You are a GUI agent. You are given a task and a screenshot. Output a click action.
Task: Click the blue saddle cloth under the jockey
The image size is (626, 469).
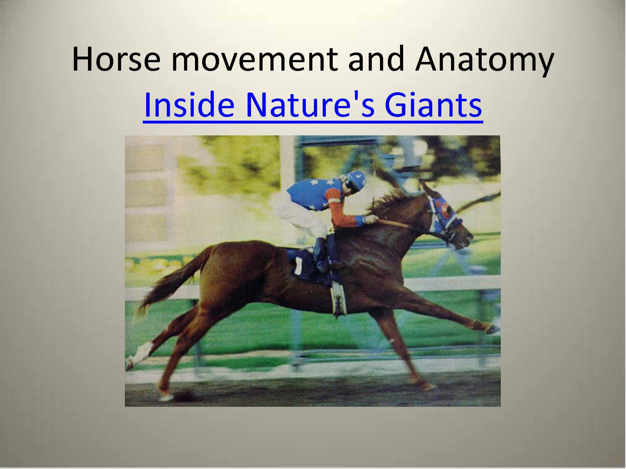tap(305, 266)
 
